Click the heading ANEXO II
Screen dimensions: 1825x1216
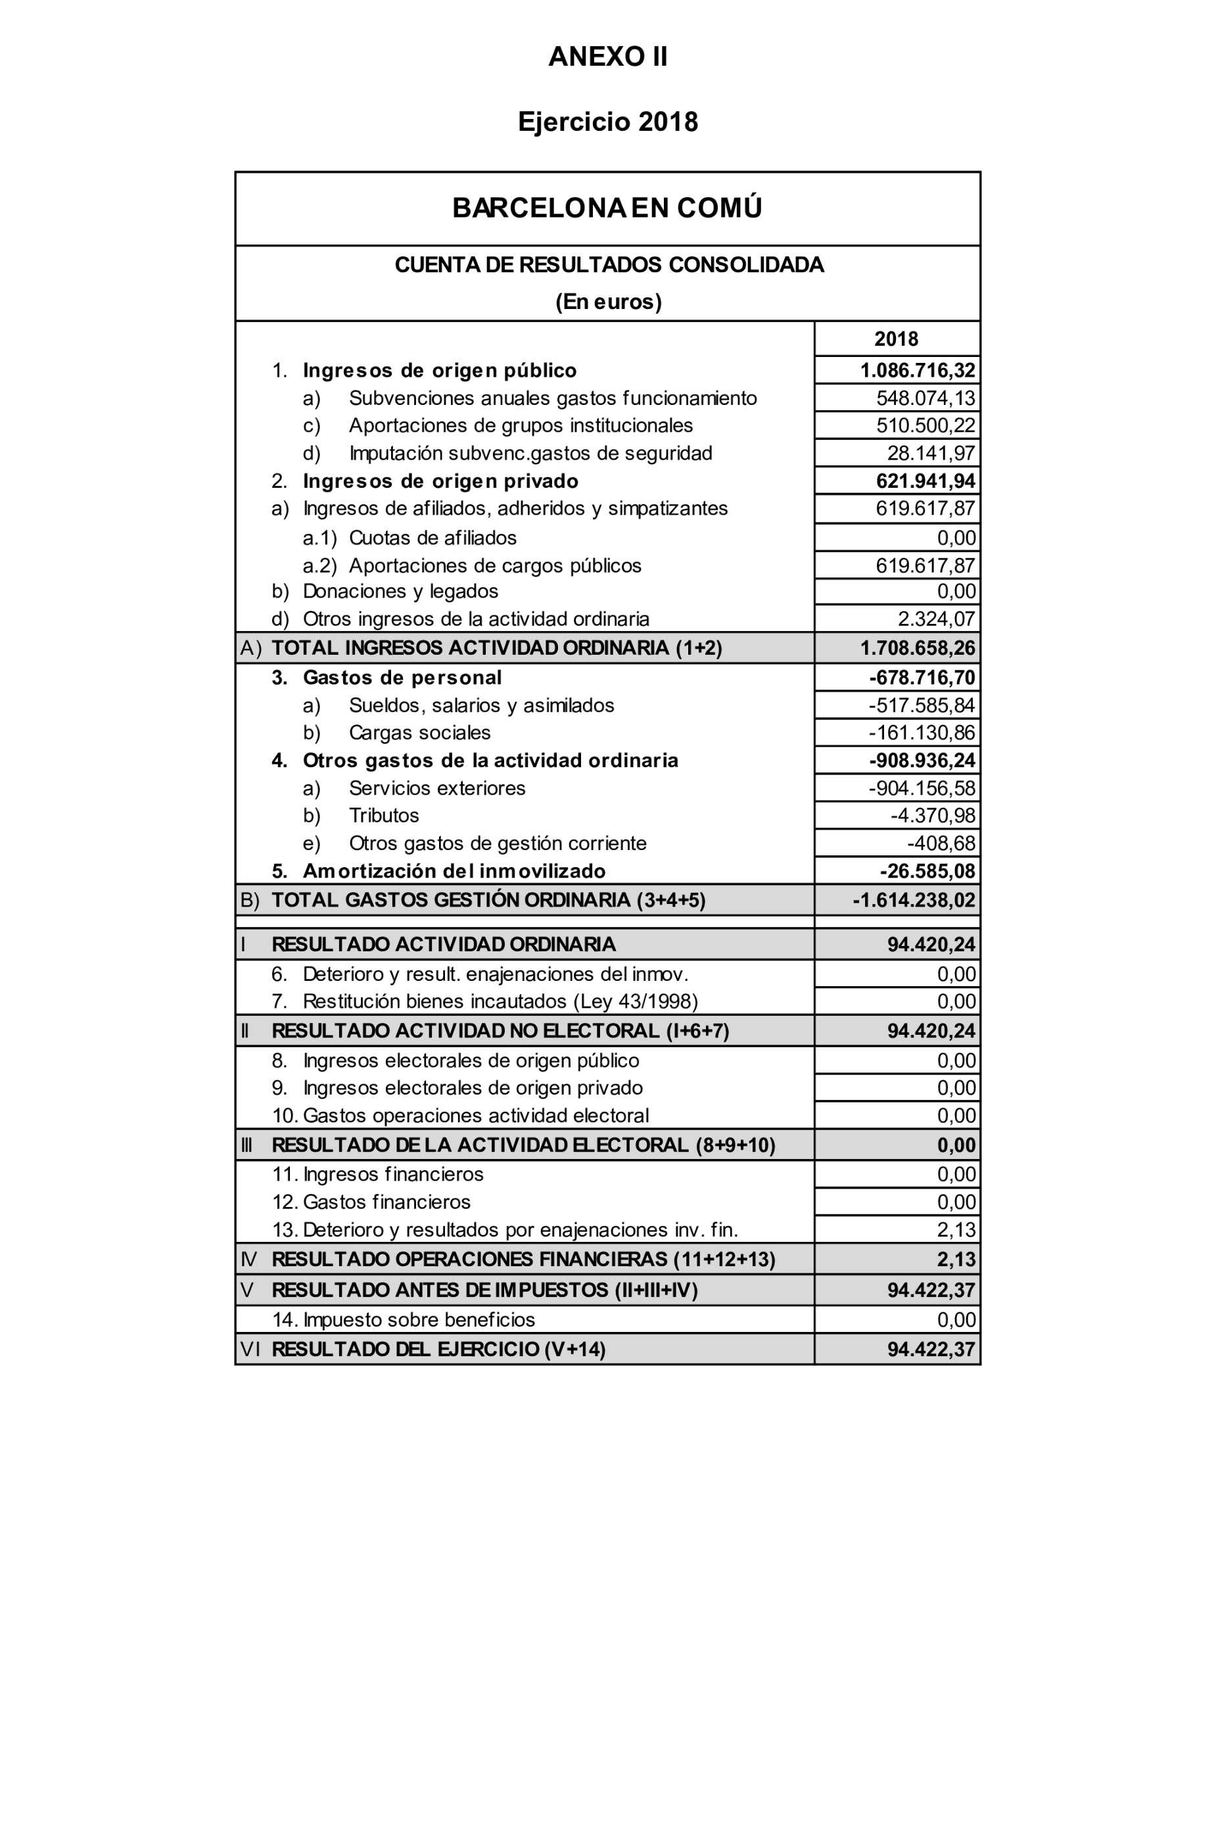[607, 57]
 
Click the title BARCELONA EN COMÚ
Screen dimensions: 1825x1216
[607, 208]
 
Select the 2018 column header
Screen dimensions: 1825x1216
[896, 339]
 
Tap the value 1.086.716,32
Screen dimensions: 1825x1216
[918, 370]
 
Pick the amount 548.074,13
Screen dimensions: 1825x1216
[925, 398]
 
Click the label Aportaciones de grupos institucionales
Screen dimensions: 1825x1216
[521, 425]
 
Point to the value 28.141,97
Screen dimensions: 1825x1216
[931, 453]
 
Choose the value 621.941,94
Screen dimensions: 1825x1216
[925, 481]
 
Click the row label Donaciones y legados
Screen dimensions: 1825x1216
[400, 591]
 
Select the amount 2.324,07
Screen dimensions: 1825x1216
[936, 619]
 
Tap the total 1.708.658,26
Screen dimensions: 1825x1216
[918, 648]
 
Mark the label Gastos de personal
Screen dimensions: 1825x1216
[402, 677]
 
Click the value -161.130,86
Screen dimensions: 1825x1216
[922, 732]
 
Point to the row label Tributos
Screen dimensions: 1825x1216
[384, 815]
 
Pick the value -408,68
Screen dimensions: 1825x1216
[941, 843]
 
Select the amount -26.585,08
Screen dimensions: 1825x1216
[927, 871]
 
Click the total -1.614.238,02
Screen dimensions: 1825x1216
[914, 900]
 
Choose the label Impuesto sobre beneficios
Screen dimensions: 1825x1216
[419, 1319]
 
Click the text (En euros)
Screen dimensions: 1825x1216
[608, 302]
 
